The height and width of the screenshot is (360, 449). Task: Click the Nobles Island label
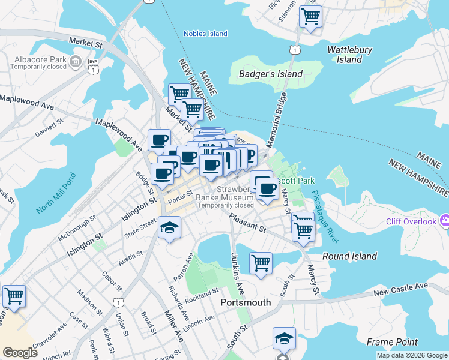(x=205, y=34)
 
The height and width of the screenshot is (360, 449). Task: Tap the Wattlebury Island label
(x=349, y=55)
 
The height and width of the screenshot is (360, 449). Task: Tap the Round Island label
(x=349, y=256)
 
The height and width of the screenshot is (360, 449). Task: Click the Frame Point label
(x=392, y=342)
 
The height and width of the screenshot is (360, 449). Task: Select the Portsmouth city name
(x=246, y=302)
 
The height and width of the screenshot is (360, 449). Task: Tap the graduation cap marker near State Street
(x=170, y=228)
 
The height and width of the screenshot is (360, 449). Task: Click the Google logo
(x=20, y=352)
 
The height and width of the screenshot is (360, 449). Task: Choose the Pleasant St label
(x=247, y=225)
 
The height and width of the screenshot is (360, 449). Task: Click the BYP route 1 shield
(x=93, y=65)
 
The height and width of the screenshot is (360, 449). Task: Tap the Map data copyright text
(x=411, y=355)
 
